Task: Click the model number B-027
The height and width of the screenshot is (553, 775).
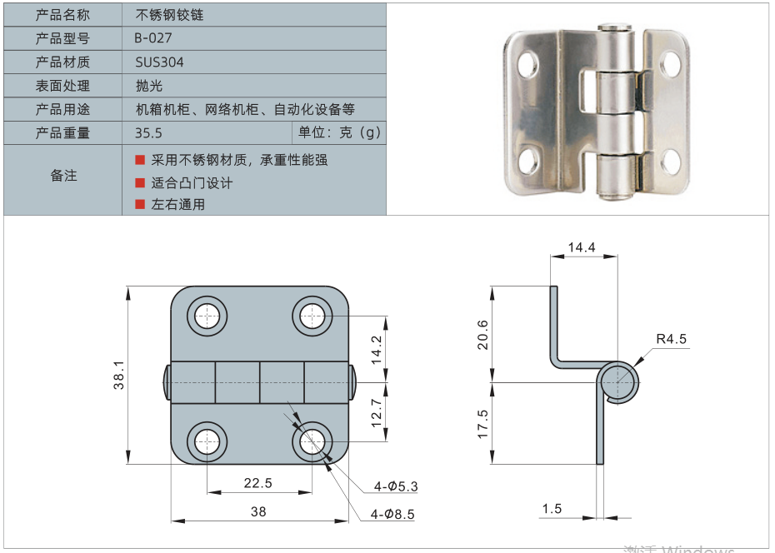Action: pos(153,38)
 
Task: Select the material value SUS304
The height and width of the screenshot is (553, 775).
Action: pos(159,62)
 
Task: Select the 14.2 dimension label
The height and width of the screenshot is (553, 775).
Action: pos(376,350)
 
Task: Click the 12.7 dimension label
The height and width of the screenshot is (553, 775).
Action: pos(376,412)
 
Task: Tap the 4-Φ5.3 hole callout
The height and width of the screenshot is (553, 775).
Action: pos(396,486)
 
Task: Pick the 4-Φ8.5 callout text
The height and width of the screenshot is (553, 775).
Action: pos(394,515)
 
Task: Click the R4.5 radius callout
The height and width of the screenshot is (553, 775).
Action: pos(671,338)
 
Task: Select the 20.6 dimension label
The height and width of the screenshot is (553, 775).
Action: pos(482,335)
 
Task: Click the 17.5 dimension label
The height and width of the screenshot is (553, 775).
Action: pos(482,423)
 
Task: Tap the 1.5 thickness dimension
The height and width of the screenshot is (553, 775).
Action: pos(552,509)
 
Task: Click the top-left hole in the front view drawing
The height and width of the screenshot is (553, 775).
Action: pos(207,316)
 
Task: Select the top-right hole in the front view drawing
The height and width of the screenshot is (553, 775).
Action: pos(312,316)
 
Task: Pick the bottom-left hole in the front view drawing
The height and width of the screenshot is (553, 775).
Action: pos(207,441)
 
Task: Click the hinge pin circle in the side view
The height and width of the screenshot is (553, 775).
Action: pos(618,382)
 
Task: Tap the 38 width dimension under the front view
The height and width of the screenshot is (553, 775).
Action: pos(258,511)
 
